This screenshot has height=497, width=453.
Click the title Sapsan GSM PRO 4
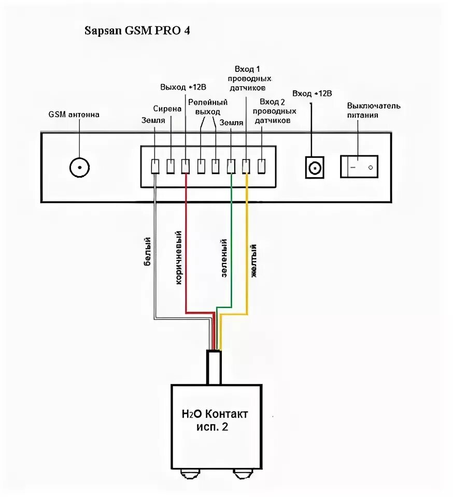137,31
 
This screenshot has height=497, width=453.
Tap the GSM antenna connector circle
79,167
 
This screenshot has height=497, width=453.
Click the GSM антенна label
74,114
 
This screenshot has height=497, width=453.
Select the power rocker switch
359,167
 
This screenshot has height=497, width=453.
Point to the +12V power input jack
315,168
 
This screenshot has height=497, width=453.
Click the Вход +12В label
312,94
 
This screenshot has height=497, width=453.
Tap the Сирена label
167,109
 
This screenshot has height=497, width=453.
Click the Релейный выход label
208,107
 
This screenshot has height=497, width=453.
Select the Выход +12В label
179,86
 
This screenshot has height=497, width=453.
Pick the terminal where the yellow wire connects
247,166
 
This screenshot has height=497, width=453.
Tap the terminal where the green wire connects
231,166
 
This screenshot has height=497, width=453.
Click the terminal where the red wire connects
186,166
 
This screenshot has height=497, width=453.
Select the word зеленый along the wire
224,259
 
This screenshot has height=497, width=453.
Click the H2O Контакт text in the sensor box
215,414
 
